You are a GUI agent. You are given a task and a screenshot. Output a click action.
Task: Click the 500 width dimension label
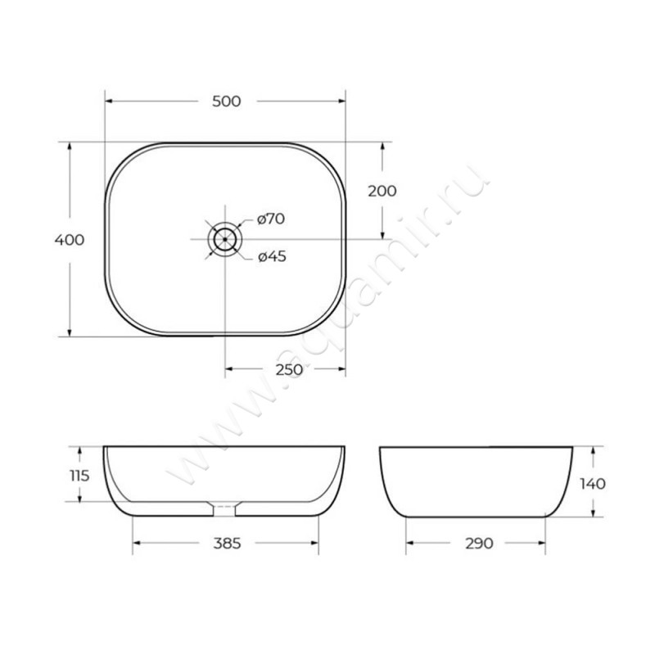227,102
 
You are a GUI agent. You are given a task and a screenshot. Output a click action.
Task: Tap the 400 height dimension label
70,240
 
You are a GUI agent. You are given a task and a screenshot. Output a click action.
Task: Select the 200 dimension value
382,191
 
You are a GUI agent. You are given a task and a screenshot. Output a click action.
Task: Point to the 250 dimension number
289,369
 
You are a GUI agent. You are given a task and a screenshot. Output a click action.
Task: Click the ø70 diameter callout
271,219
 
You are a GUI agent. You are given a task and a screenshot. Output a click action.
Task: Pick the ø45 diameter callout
272,256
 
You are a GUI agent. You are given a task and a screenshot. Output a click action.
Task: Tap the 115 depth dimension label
79,476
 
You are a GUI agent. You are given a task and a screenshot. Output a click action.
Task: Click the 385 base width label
228,543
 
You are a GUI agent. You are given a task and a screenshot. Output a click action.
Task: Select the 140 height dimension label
593,484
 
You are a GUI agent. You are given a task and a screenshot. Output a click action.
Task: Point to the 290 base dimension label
479,543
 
